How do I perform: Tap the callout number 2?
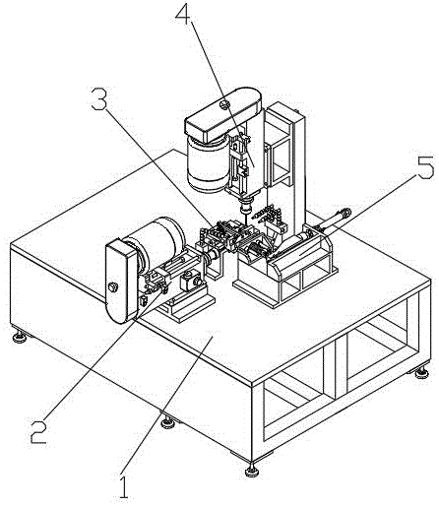(38, 431)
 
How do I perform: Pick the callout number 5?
(426, 167)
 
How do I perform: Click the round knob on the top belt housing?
(224, 104)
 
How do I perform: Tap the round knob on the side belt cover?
(112, 287)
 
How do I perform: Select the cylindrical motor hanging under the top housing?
(208, 164)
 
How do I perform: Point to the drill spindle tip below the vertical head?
(245, 209)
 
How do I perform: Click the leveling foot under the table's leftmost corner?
(20, 337)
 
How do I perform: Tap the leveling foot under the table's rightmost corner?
(421, 373)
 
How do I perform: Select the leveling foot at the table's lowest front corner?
(252, 471)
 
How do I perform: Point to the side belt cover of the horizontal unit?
(121, 281)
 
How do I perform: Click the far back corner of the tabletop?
(174, 150)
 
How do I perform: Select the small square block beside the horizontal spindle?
(190, 281)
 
